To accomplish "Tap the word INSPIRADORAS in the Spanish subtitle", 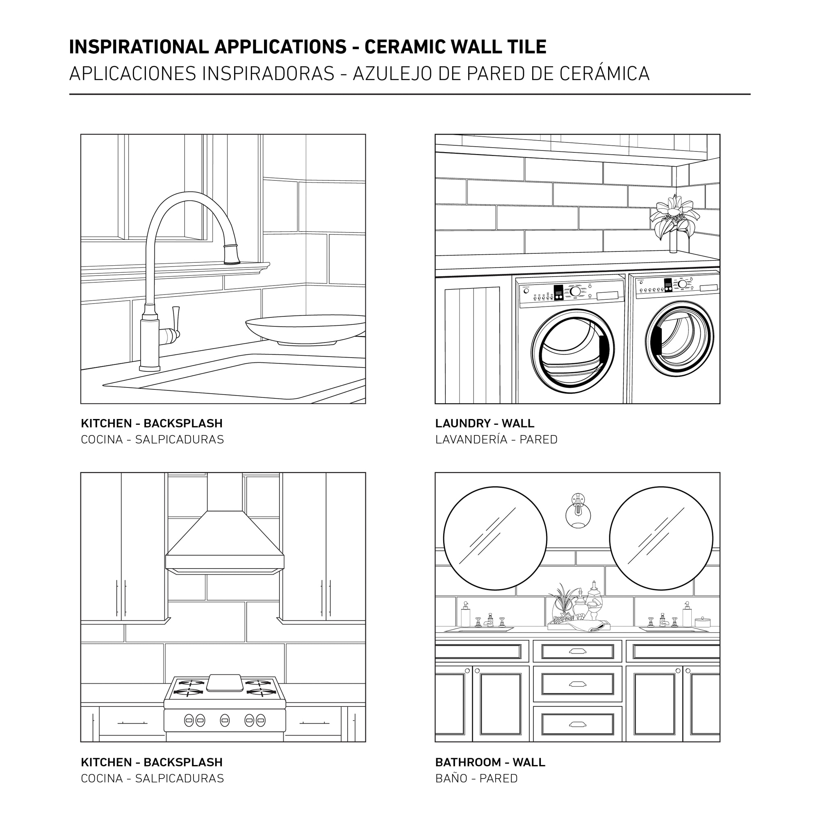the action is [269, 73].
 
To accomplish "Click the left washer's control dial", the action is [576, 292].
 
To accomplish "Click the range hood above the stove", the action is [225, 535].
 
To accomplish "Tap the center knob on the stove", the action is [225, 720].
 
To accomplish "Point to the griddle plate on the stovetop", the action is [225, 683].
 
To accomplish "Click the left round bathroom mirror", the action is [495, 539].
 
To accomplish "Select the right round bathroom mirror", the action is [661, 539].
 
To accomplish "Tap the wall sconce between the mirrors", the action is [578, 511].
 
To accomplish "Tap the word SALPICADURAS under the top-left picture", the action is [180, 439].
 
